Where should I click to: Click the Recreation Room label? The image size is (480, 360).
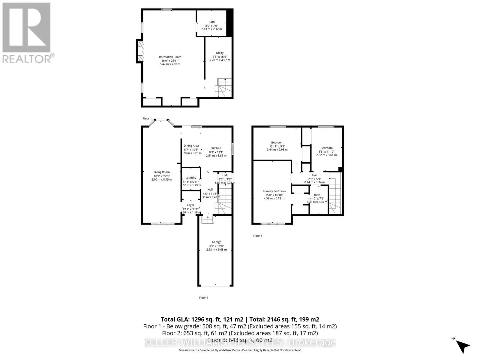coord(170,57)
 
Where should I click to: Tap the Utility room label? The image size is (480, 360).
coord(220,53)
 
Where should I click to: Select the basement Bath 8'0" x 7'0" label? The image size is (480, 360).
coord(211,22)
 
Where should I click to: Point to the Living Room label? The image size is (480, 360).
coord(161,172)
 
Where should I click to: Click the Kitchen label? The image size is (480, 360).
coord(216,148)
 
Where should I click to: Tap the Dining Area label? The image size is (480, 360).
coord(191,146)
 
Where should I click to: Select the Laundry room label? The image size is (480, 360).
coord(191,178)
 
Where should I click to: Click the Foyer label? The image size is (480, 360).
coord(190,205)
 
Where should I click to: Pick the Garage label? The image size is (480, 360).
coord(216,242)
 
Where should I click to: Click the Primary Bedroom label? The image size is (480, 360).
coord(274,191)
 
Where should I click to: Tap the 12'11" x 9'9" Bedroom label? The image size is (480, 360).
coord(277,143)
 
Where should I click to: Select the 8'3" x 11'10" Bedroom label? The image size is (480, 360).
coord(326,148)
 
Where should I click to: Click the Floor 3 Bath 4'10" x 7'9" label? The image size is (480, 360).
coord(317,195)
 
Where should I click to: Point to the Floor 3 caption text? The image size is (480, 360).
coord(257,236)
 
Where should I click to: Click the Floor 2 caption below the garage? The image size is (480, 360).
coord(203,298)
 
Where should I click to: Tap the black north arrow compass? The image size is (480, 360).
coord(463,346)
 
